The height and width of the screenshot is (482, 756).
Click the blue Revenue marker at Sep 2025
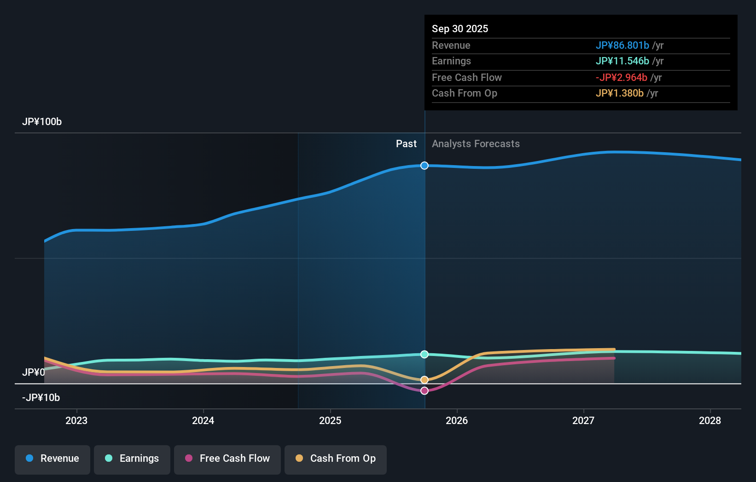[425, 166]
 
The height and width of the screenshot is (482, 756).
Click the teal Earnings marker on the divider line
[425, 354]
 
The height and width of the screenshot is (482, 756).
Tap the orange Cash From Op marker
[425, 380]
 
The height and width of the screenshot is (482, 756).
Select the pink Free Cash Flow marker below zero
[425, 390]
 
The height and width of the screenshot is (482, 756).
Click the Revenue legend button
[52, 459]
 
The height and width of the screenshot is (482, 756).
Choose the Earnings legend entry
[132, 459]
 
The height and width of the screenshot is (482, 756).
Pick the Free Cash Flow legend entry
[227, 459]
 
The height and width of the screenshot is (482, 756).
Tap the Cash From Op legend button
[336, 459]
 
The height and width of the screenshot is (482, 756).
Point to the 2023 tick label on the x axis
[76, 420]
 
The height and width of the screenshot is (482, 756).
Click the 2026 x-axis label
[457, 420]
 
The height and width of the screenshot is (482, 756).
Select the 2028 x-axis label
[710, 420]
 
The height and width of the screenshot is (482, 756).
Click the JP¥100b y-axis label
[42, 122]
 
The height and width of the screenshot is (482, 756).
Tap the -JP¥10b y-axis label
[41, 398]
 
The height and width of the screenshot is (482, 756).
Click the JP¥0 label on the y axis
[34, 372]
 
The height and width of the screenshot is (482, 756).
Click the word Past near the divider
[406, 144]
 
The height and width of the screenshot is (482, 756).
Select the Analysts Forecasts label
[476, 144]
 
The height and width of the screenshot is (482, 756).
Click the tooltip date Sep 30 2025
[460, 29]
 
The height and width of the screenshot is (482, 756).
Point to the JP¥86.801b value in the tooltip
[622, 46]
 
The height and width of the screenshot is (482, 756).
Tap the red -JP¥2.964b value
[621, 78]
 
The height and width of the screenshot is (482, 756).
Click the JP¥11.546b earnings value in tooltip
[622, 61]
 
